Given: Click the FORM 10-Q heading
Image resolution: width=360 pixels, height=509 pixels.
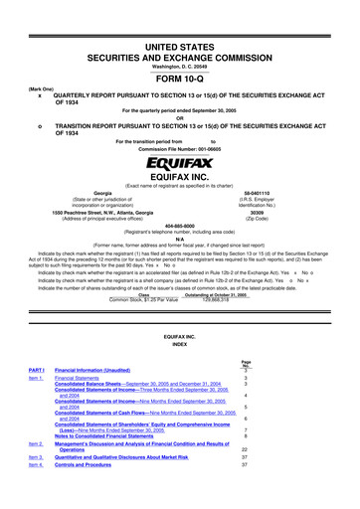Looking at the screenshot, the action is click(180, 55).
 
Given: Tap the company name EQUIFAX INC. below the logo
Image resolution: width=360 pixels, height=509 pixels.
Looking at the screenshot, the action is click(180, 173).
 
